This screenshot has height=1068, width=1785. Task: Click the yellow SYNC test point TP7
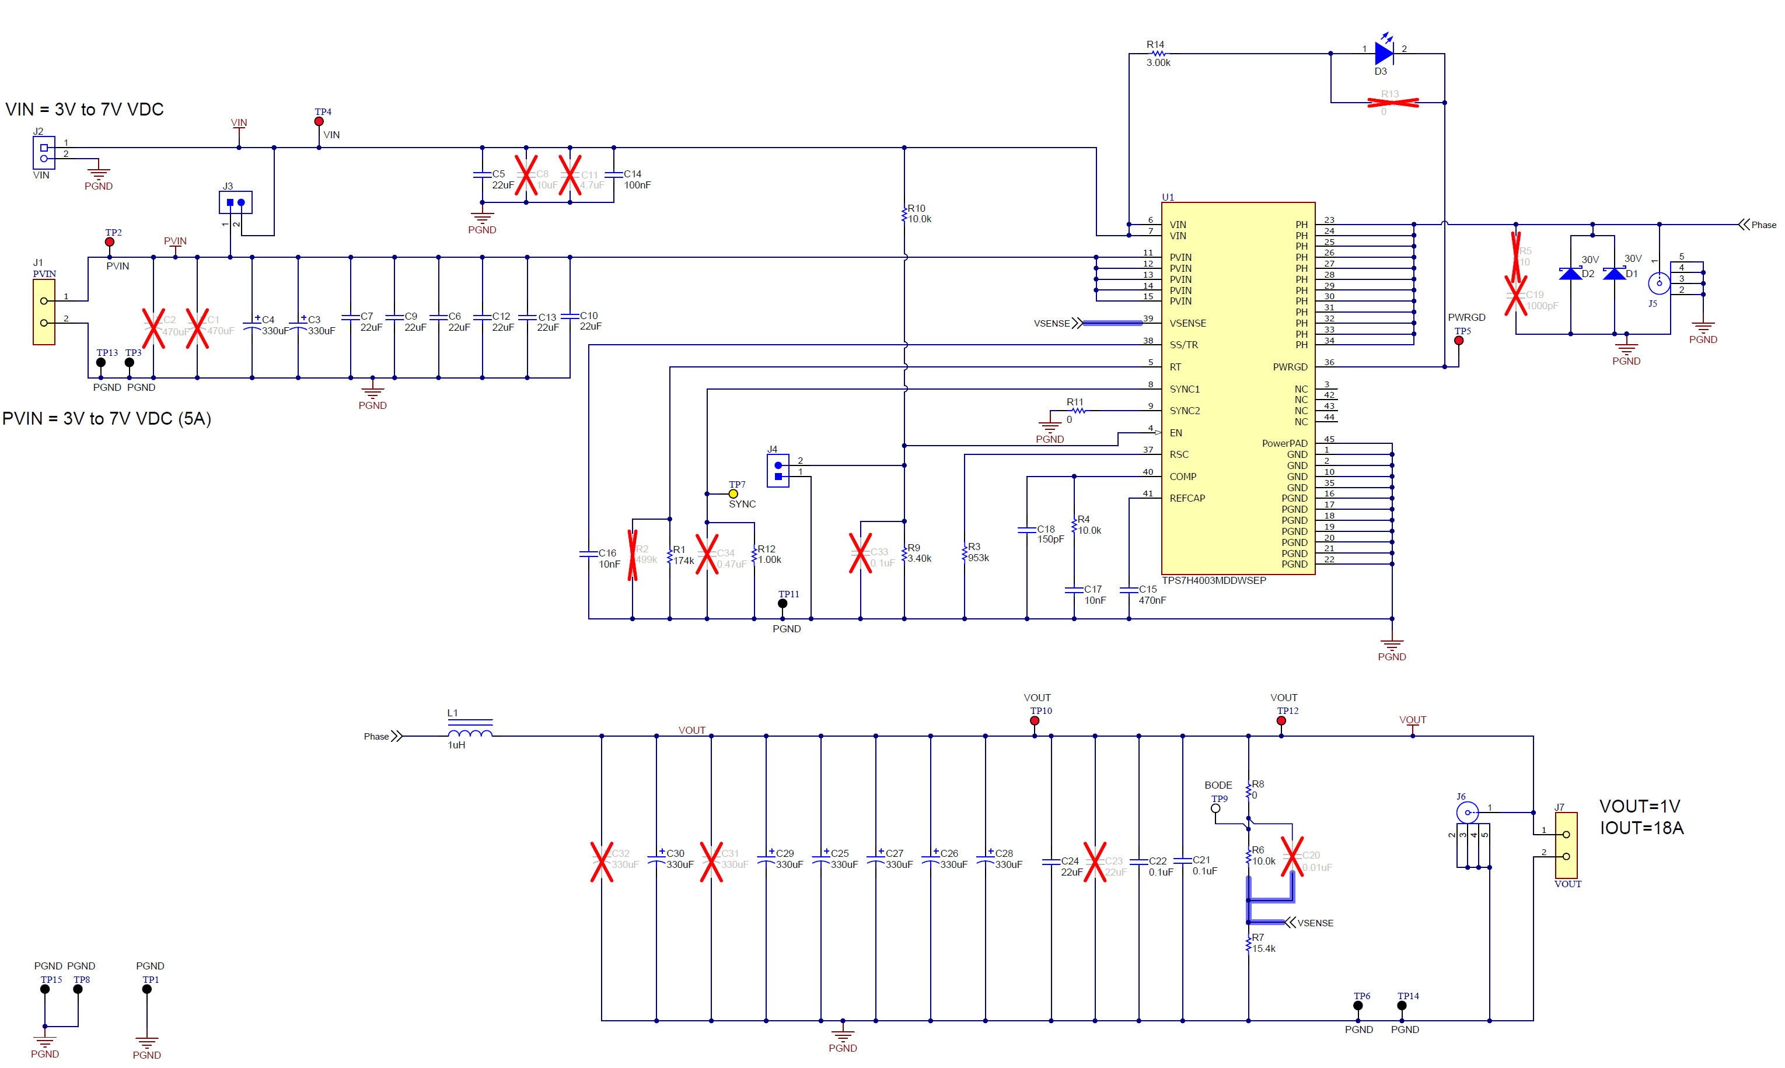tap(733, 493)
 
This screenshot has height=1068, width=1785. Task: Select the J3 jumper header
tap(235, 202)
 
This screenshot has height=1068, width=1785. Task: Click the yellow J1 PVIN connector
tap(44, 311)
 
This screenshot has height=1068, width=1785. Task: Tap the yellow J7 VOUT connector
tap(1566, 845)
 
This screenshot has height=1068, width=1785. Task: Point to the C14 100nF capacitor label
tap(636, 179)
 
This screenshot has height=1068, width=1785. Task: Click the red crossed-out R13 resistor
tap(1392, 102)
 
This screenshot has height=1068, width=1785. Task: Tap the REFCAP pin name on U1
tap(1187, 498)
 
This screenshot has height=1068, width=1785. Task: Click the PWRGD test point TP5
tap(1458, 341)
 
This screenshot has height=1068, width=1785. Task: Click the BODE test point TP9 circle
tap(1215, 808)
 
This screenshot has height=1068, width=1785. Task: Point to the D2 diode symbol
tap(1570, 274)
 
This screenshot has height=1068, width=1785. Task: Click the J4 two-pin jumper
tap(778, 471)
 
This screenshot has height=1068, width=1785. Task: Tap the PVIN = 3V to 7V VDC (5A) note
tap(107, 419)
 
